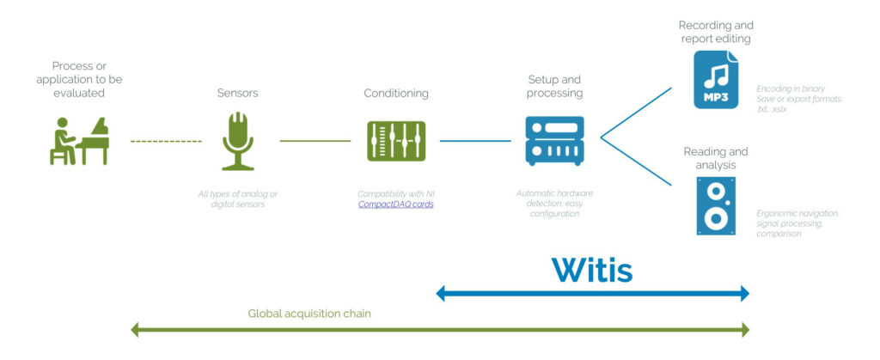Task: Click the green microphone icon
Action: tap(238, 141)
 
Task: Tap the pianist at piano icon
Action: tap(79, 141)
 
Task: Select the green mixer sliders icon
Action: tap(395, 141)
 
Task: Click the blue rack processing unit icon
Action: tap(554, 141)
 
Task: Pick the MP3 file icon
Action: tap(716, 79)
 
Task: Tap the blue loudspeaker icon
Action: tap(716, 206)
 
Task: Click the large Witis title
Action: tap(592, 269)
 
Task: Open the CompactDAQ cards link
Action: tap(395, 205)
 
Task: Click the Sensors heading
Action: tap(238, 93)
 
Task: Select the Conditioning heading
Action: tap(395, 93)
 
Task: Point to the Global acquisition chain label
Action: tap(309, 314)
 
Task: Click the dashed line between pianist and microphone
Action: tap(166, 141)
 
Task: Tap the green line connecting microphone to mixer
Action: tap(315, 141)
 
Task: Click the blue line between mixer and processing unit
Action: tap(474, 141)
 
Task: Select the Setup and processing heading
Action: tap(554, 86)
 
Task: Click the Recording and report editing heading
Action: tap(716, 32)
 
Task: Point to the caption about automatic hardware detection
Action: tap(554, 204)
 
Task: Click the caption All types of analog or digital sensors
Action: tap(238, 199)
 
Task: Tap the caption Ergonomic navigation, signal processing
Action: tap(798, 223)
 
